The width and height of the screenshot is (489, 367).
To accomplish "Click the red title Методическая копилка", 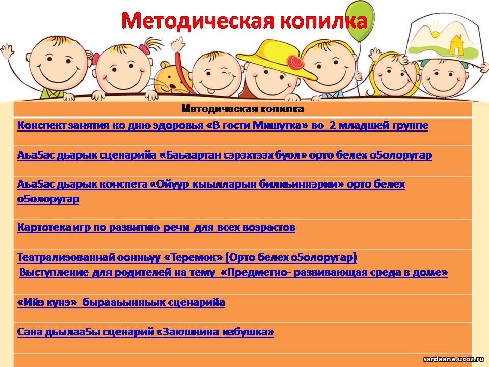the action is tap(244, 21).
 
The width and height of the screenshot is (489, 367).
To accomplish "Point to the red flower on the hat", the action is tap(295, 63).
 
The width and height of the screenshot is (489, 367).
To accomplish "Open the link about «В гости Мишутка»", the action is tap(223, 126).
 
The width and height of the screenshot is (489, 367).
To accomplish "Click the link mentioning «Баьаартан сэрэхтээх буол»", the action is tap(225, 155).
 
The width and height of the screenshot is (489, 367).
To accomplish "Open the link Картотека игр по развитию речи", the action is tap(156, 227).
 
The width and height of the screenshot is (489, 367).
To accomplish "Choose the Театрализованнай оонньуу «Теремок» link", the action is tap(187, 257).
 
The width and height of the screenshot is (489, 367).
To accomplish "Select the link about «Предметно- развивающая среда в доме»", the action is tap(234, 272).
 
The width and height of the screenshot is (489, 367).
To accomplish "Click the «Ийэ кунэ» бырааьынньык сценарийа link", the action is tap(121, 302).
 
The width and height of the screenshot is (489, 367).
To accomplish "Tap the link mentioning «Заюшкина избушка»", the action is tap(146, 332).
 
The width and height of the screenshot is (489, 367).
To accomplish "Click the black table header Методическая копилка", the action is tap(242, 109).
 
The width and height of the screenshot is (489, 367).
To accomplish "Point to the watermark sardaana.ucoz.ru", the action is tap(453, 359).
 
